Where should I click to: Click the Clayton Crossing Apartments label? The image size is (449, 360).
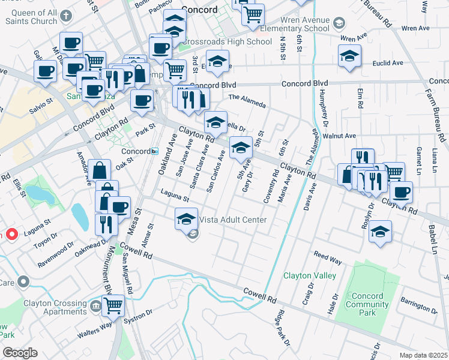pos(55,307)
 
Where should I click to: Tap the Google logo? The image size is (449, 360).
pos(20,353)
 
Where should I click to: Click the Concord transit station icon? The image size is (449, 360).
pos(154,151)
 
